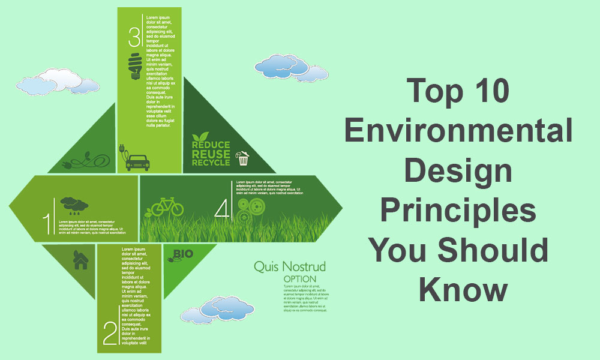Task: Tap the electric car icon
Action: (x=137, y=161)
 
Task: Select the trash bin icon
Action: (x=243, y=158)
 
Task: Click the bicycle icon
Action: (x=167, y=208)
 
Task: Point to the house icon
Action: (x=80, y=259)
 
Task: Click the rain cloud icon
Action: (x=71, y=205)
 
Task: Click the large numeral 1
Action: (x=47, y=223)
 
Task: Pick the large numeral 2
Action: (x=110, y=334)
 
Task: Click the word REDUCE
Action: (x=211, y=145)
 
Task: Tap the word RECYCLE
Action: (x=211, y=162)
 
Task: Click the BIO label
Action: (x=183, y=254)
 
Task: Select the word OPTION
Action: (x=304, y=279)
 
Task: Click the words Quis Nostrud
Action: (x=290, y=266)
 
